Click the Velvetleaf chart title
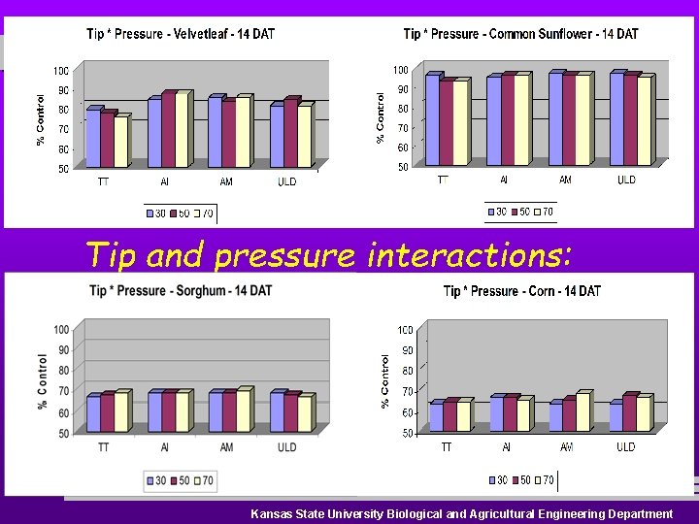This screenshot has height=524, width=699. click(181, 34)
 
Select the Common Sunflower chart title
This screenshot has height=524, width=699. click(520, 34)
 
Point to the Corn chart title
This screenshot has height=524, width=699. click(521, 291)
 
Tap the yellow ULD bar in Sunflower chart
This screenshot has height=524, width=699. click(644, 121)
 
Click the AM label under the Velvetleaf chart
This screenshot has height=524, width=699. click(226, 181)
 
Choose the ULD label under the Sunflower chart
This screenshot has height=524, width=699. click(626, 180)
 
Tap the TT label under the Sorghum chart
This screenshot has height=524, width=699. click(103, 447)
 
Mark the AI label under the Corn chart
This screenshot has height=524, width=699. click(505, 447)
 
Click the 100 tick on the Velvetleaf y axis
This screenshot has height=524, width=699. click(60, 71)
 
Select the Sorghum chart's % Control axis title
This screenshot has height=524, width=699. click(42, 380)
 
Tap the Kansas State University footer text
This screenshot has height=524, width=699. click(461, 513)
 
